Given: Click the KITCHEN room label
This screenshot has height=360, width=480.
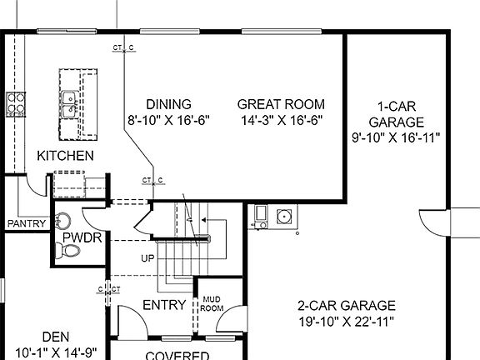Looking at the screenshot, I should tap(65, 156).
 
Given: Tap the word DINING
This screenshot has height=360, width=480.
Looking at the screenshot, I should tap(168, 104).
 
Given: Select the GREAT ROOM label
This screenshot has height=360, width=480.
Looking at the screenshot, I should tap(281, 104).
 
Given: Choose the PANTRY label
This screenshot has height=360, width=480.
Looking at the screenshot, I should tap(25, 224).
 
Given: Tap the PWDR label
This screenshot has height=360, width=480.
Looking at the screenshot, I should tap(81, 238).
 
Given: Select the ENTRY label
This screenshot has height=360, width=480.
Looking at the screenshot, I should tap(164, 305).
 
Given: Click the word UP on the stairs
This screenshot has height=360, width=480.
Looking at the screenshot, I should tap(147, 258).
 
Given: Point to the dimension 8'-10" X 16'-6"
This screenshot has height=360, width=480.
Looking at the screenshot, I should tap(168, 120).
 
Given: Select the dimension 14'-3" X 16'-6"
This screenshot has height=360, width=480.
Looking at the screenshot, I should tap(281, 120).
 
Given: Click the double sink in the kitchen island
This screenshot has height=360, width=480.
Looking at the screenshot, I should tap(72, 102).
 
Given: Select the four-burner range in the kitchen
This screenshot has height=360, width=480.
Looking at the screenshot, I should tap(15, 102).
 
